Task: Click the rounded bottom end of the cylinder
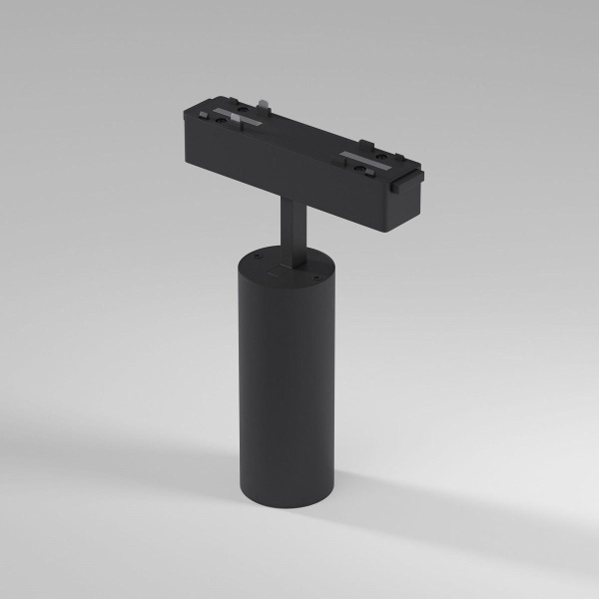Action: (271, 511)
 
